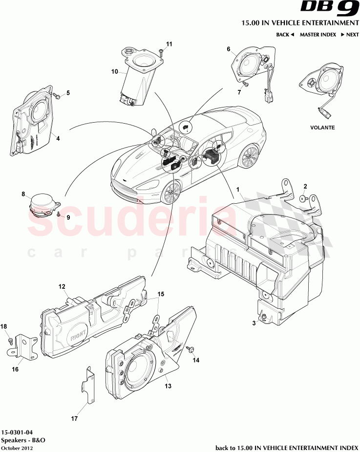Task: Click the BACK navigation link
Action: (285, 35)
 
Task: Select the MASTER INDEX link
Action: (318, 35)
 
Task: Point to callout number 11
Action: (169, 44)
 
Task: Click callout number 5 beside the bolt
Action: (68, 92)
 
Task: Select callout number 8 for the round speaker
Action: (23, 194)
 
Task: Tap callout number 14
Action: (196, 361)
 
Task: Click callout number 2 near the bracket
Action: (305, 186)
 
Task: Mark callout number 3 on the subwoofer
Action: (254, 323)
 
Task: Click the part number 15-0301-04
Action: (18, 432)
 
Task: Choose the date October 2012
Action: (17, 448)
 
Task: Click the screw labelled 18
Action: (9, 336)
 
